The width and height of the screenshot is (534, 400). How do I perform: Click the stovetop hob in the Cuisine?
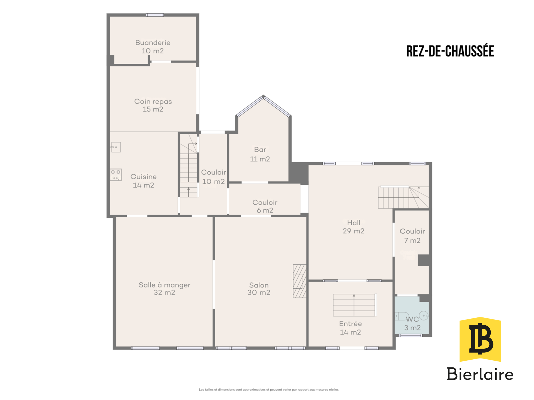[116, 175]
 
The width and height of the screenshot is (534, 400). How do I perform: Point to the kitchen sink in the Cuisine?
[116, 147]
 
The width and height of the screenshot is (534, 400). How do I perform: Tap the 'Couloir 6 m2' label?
[265, 206]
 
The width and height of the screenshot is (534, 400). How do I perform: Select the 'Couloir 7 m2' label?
[412, 236]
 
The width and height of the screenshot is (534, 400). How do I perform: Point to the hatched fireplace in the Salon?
[299, 281]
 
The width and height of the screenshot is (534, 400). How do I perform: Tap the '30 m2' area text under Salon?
[259, 292]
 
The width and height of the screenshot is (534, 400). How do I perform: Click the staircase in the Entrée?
[354, 305]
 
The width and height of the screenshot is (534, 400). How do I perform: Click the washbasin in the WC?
[424, 316]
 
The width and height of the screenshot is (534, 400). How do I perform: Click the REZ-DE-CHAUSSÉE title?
[450, 51]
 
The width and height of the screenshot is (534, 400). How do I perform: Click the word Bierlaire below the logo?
[480, 374]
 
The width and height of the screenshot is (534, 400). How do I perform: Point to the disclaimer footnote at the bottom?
[269, 390]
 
